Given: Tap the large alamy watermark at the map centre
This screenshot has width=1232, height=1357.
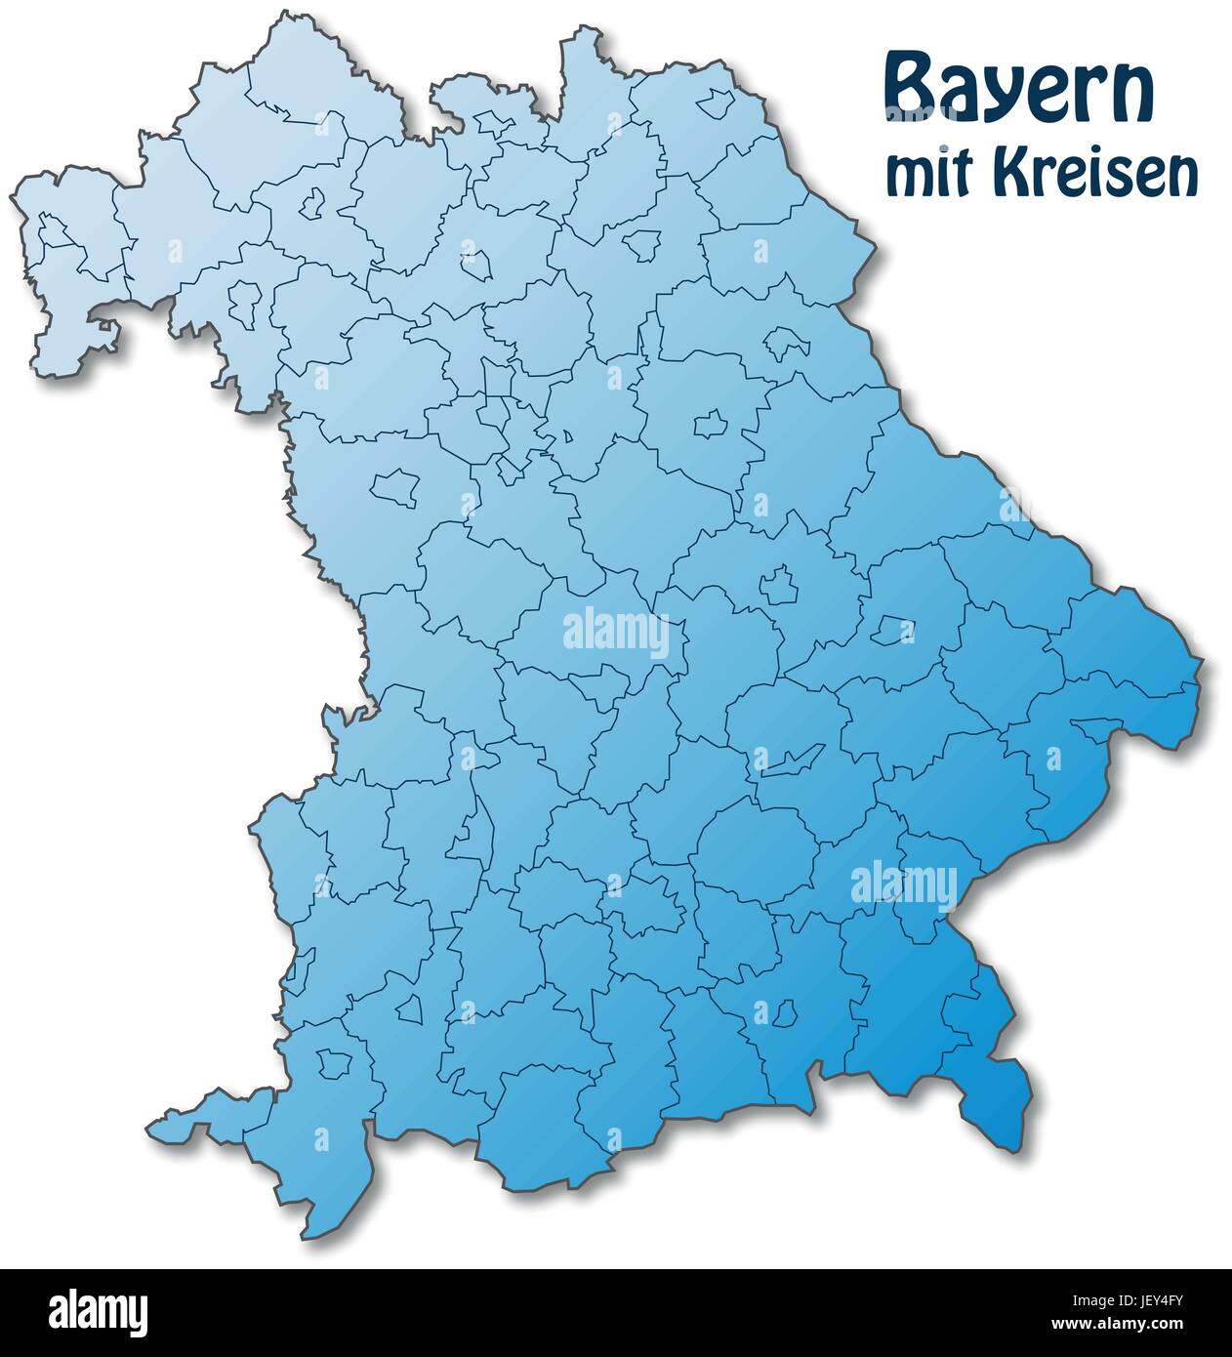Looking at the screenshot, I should point(617,634).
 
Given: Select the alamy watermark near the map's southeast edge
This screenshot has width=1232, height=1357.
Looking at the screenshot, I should point(903,884).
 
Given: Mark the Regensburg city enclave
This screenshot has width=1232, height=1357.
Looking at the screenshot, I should point(780,585).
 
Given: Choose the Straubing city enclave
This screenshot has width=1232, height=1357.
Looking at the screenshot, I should point(890,630).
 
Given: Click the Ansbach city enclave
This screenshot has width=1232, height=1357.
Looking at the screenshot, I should point(394,485).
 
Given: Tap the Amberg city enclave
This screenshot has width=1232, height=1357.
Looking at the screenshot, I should point(710,424).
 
